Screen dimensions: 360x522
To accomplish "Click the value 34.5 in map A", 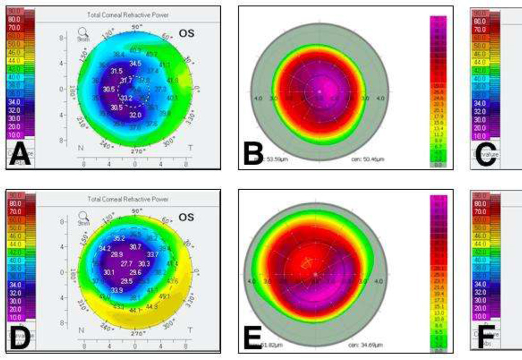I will click(136, 63).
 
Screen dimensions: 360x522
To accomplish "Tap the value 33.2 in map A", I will click(126, 98).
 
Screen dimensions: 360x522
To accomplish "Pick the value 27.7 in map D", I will click(126, 264).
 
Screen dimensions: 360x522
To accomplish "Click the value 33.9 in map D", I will click(116, 290).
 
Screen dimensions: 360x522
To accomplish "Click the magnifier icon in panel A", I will click(83, 33).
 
